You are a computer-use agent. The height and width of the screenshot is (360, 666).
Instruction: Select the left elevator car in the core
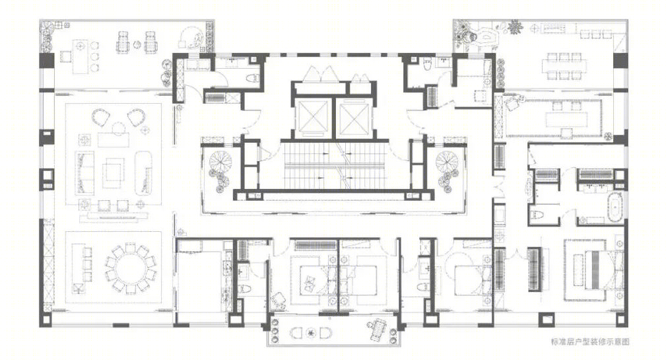click(314, 118)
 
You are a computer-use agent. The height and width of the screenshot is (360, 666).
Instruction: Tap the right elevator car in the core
click(354, 118)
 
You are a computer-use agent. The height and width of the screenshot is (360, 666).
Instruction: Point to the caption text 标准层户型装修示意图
click(589, 342)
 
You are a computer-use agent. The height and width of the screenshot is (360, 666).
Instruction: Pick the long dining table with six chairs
click(564, 66)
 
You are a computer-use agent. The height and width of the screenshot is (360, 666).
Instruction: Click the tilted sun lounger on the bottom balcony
click(377, 328)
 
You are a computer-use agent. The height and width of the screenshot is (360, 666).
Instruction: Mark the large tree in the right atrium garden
click(448, 162)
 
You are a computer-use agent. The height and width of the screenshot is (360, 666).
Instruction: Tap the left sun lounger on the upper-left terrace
click(122, 42)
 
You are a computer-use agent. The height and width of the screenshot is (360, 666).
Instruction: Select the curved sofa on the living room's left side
click(85, 172)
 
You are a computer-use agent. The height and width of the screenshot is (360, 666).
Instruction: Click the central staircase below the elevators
click(335, 166)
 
